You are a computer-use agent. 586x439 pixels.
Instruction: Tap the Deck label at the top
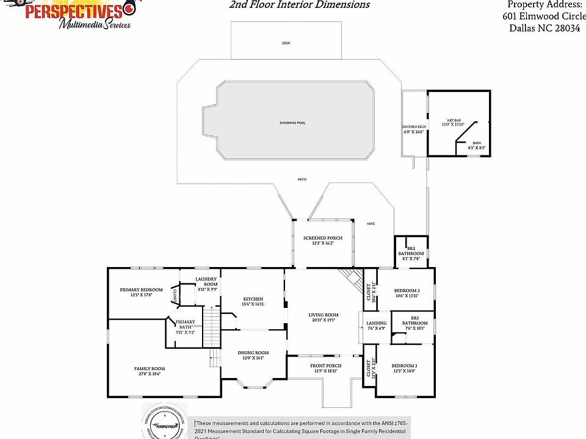286,43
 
